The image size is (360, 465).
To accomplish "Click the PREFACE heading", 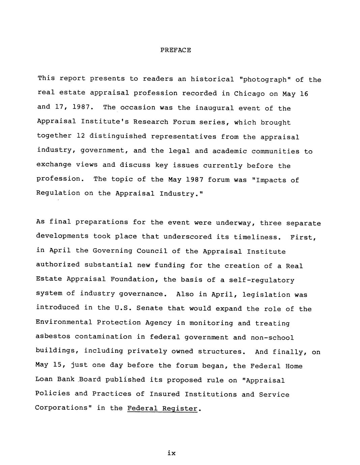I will click(x=175, y=50).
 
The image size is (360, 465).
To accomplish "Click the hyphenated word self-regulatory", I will click(x=262, y=280).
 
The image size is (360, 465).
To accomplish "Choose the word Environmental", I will click(x=64, y=322).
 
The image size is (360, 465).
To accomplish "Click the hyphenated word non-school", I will click(x=272, y=338).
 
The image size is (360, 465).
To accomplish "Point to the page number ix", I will click(x=171, y=453).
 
